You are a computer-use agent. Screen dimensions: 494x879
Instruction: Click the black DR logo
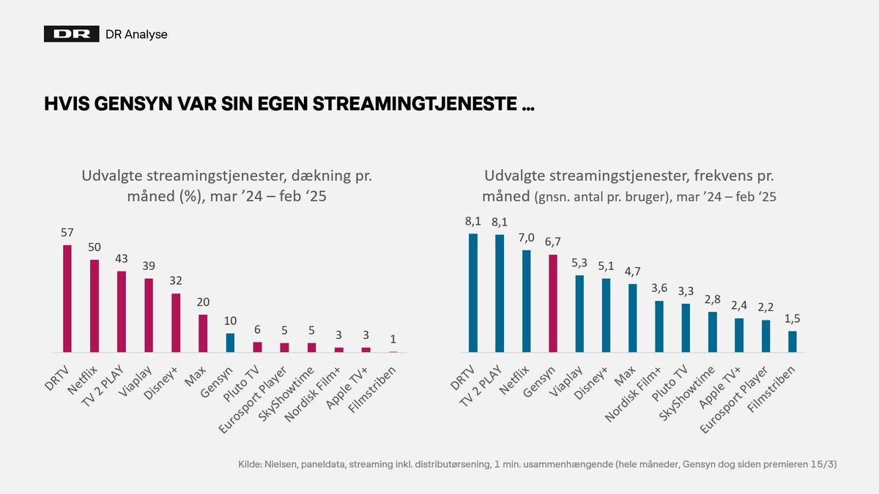tap(71, 34)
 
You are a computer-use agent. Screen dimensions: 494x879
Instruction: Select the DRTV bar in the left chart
tap(67, 299)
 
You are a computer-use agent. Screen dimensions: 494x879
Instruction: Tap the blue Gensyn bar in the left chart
tap(229, 343)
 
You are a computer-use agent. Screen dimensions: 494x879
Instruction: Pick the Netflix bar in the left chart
tap(94, 306)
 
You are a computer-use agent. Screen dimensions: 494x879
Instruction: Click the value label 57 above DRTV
tap(67, 233)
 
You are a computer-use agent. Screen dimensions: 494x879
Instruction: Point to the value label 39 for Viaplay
tap(148, 266)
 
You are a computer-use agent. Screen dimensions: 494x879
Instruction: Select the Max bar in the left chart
tap(202, 334)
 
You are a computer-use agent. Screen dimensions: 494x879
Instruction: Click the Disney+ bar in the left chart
tap(175, 323)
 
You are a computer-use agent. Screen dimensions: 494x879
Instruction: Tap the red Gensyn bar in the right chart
tap(553, 304)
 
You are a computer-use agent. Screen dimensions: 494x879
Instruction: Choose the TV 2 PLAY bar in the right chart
tap(500, 293)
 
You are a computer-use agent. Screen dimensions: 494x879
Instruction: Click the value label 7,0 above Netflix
tap(526, 238)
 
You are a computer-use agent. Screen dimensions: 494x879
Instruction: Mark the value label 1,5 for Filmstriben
tap(792, 319)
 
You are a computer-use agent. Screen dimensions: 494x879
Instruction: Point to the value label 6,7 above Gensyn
tap(553, 243)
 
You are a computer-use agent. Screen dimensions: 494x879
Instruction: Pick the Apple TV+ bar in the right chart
tap(739, 335)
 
